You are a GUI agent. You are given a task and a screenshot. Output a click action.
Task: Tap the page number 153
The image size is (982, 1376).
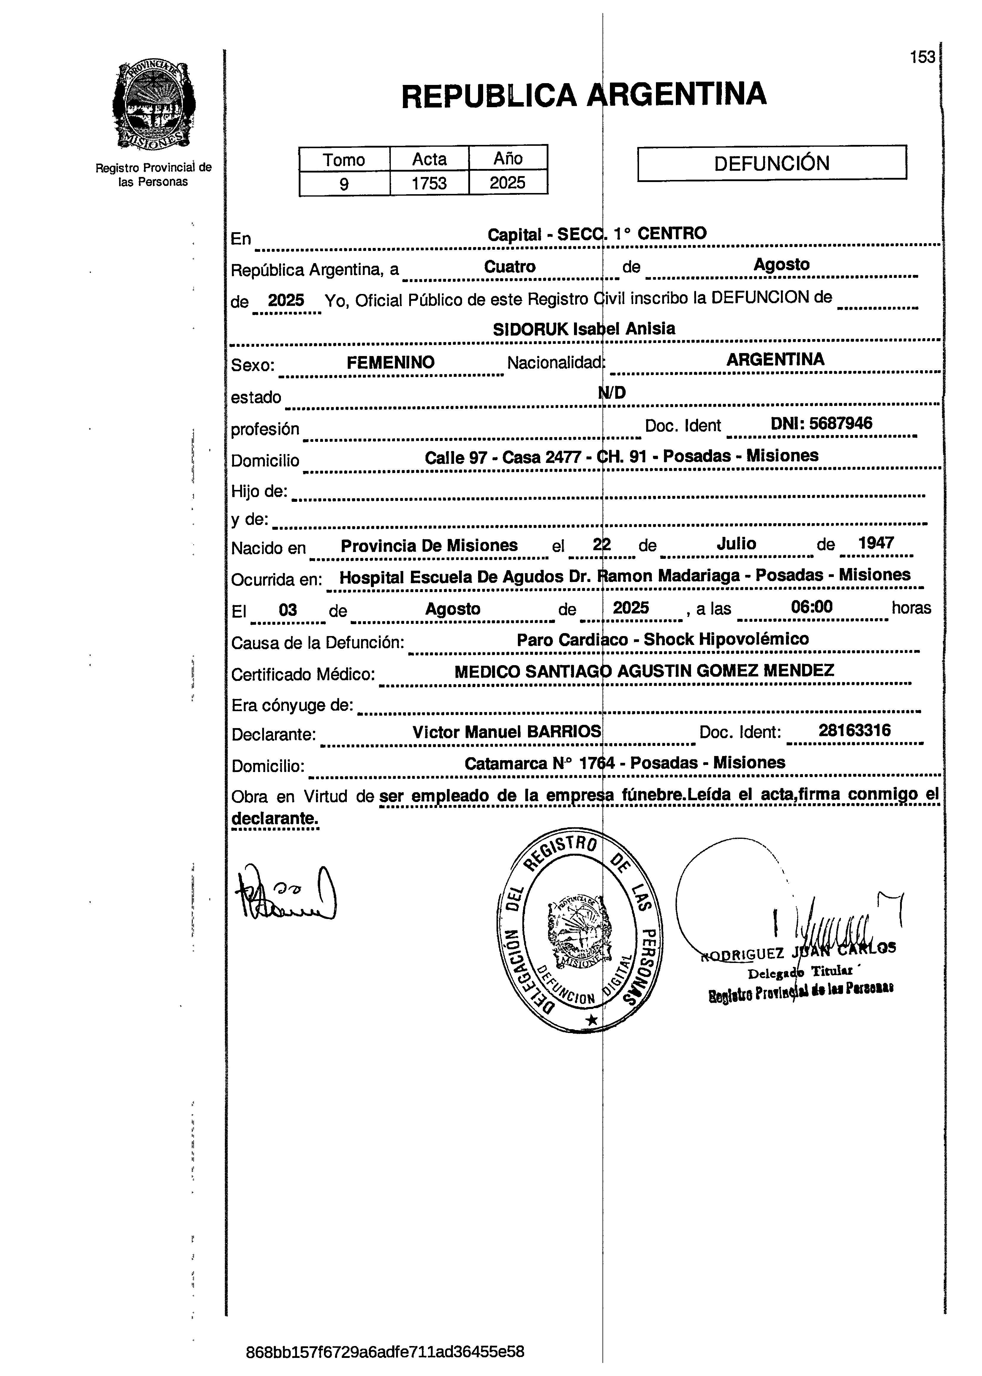tap(922, 57)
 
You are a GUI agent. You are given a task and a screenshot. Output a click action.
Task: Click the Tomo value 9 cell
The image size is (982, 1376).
tap(344, 183)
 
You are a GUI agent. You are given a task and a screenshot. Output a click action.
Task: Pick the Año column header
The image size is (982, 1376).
tap(508, 158)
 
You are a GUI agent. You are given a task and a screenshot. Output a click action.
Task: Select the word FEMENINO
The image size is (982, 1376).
tap(390, 363)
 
